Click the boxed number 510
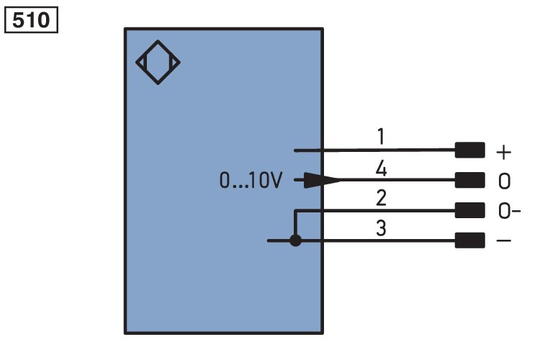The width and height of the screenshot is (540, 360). click(31, 20)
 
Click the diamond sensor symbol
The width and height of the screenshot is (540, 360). click(158, 63)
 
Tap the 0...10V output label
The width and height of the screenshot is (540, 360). click(251, 180)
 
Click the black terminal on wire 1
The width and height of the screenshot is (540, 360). click(469, 150)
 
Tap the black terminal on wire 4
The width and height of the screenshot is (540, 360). click(469, 180)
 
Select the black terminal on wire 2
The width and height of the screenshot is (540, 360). click(469, 210)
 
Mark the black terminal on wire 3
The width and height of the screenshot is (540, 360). click(469, 240)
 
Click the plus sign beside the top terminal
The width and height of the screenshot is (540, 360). click(503, 152)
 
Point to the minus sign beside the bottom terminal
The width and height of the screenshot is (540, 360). click(503, 240)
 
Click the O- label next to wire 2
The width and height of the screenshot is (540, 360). click(509, 210)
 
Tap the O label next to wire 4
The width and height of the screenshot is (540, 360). click(504, 181)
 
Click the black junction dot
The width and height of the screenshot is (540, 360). click(295, 240)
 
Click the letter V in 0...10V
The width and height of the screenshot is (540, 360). click(276, 180)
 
